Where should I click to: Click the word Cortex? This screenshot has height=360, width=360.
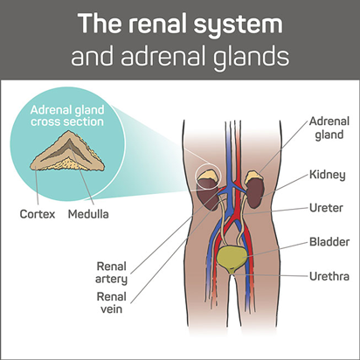[x=38, y=214]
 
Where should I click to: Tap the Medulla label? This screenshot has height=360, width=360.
[x=88, y=214]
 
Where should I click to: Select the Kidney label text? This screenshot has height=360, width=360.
[x=328, y=175]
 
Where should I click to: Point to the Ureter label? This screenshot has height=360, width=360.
[x=326, y=208]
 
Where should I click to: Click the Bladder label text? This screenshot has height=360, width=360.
[x=329, y=242]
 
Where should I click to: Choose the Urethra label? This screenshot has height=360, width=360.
[x=329, y=276]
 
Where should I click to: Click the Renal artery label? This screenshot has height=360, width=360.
[x=111, y=273]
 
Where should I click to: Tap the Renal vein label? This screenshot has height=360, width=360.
[x=111, y=303]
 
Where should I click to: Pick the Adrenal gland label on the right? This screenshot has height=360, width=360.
[x=329, y=128]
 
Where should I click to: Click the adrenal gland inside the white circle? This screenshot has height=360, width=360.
[x=208, y=176]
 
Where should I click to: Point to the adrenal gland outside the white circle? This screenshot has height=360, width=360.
[x=253, y=176]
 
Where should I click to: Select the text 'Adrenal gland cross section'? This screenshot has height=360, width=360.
[x=67, y=115]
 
